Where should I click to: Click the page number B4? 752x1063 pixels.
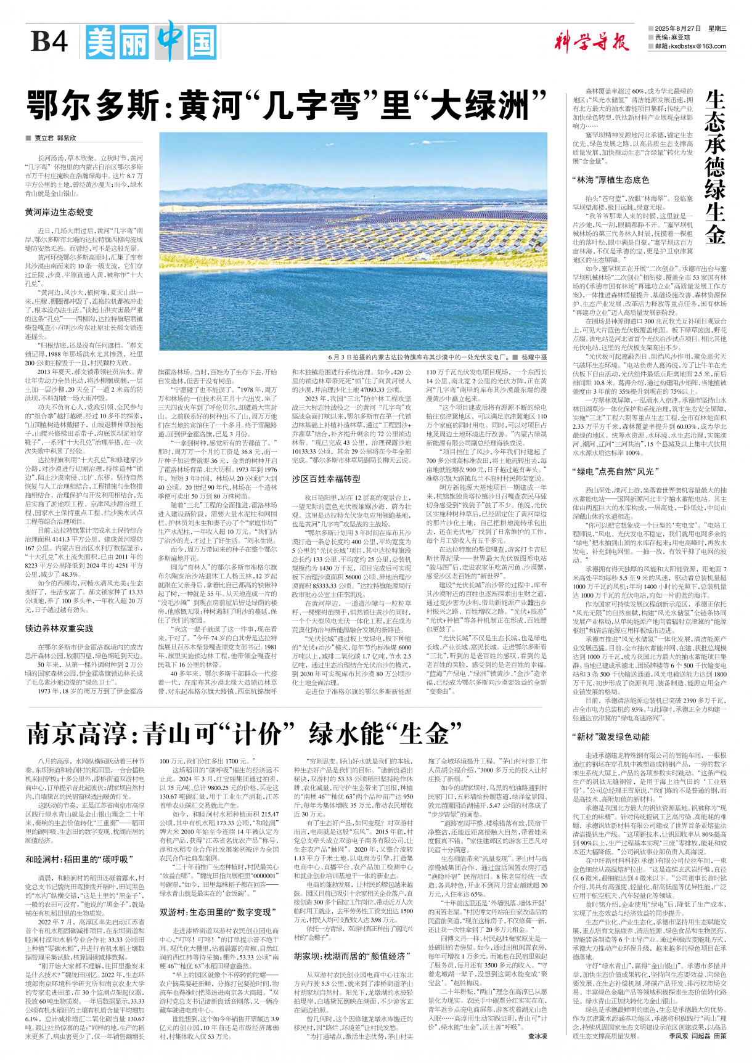[49, 42]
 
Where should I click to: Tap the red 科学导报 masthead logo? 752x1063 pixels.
[591, 42]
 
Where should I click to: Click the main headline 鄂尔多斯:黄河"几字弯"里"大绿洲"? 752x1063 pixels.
[287, 105]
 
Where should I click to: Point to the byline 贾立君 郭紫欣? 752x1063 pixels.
[55, 138]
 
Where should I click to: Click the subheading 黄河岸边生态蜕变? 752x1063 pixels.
[59, 211]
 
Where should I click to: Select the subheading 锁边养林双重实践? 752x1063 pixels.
[59, 628]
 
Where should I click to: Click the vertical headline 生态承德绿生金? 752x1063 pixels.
[715, 166]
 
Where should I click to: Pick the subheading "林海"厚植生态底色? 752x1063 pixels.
[610, 180]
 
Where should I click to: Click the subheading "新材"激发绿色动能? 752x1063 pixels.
[610, 736]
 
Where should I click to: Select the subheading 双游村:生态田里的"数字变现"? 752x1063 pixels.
[216, 912]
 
